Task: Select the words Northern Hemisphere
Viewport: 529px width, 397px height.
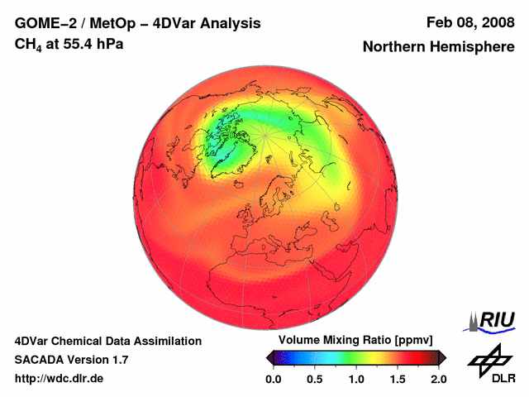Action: [x=438, y=47]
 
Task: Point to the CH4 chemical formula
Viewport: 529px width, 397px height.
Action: [x=27, y=43]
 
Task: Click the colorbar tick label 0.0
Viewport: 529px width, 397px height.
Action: [x=274, y=379]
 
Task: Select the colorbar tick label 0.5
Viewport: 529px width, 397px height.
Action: [x=315, y=379]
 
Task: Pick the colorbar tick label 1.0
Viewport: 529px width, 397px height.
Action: [x=356, y=379]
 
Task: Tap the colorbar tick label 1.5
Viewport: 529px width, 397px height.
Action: [x=398, y=379]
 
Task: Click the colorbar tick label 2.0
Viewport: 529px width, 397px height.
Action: [x=439, y=379]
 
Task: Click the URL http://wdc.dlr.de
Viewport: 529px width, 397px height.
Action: [x=60, y=379]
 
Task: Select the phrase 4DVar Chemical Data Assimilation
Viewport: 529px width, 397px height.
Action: [x=107, y=341]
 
